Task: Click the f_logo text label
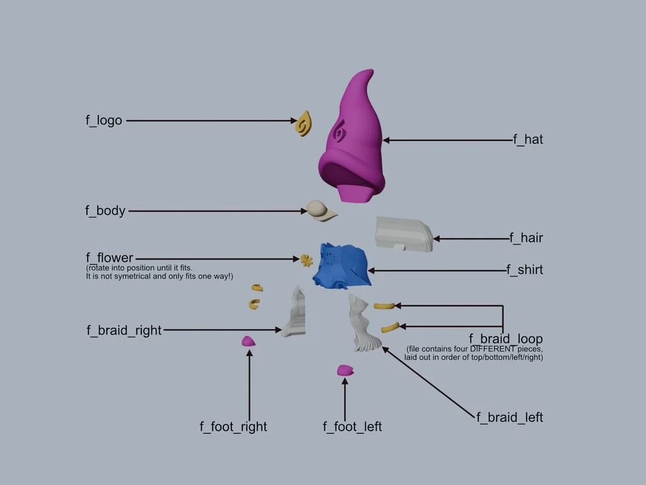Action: click(x=104, y=120)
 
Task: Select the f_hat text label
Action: click(x=528, y=140)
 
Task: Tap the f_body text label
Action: click(x=105, y=211)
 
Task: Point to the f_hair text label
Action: click(x=526, y=238)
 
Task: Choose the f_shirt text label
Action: click(x=524, y=270)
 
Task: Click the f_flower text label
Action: click(x=110, y=258)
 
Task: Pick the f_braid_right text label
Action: click(x=124, y=330)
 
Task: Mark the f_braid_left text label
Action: click(x=509, y=417)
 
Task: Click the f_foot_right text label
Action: click(x=233, y=427)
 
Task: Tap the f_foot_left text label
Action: click(x=352, y=427)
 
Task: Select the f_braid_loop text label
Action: click(x=505, y=339)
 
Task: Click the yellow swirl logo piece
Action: click(x=304, y=123)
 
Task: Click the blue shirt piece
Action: click(x=341, y=266)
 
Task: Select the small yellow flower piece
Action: click(x=307, y=260)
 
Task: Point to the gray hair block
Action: click(x=404, y=233)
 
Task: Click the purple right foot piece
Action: click(x=249, y=341)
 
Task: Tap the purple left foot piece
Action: click(x=345, y=370)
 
